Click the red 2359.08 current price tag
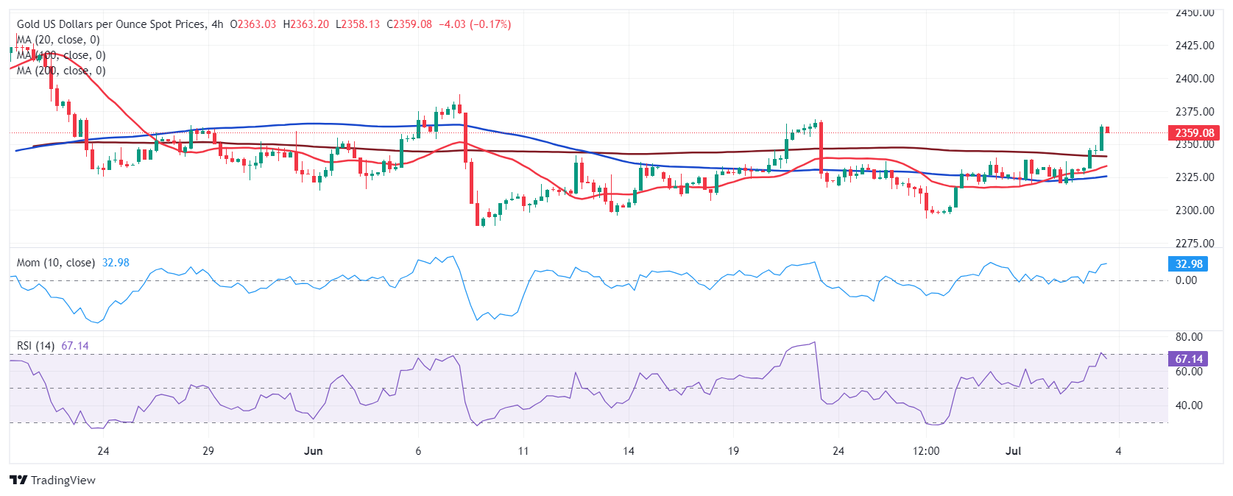coord(1193,133)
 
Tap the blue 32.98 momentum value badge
coord(1188,263)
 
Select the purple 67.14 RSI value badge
coord(1188,359)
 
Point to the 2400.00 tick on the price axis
coord(1194,79)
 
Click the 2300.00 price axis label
coord(1194,210)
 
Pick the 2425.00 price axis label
coord(1194,46)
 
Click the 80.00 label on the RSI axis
coord(1189,337)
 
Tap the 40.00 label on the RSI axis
coord(1189,405)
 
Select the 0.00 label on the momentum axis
coord(1186,280)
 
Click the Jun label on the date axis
coord(313,451)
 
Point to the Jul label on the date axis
coord(1013,451)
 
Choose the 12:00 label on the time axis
coord(925,451)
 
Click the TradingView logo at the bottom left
coord(52,481)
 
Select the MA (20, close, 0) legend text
coord(59,40)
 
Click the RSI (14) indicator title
coord(35,346)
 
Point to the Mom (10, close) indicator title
coord(56,263)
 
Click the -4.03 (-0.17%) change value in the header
coord(475,24)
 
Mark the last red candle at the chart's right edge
coord(1107,130)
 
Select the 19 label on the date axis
coord(732,451)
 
